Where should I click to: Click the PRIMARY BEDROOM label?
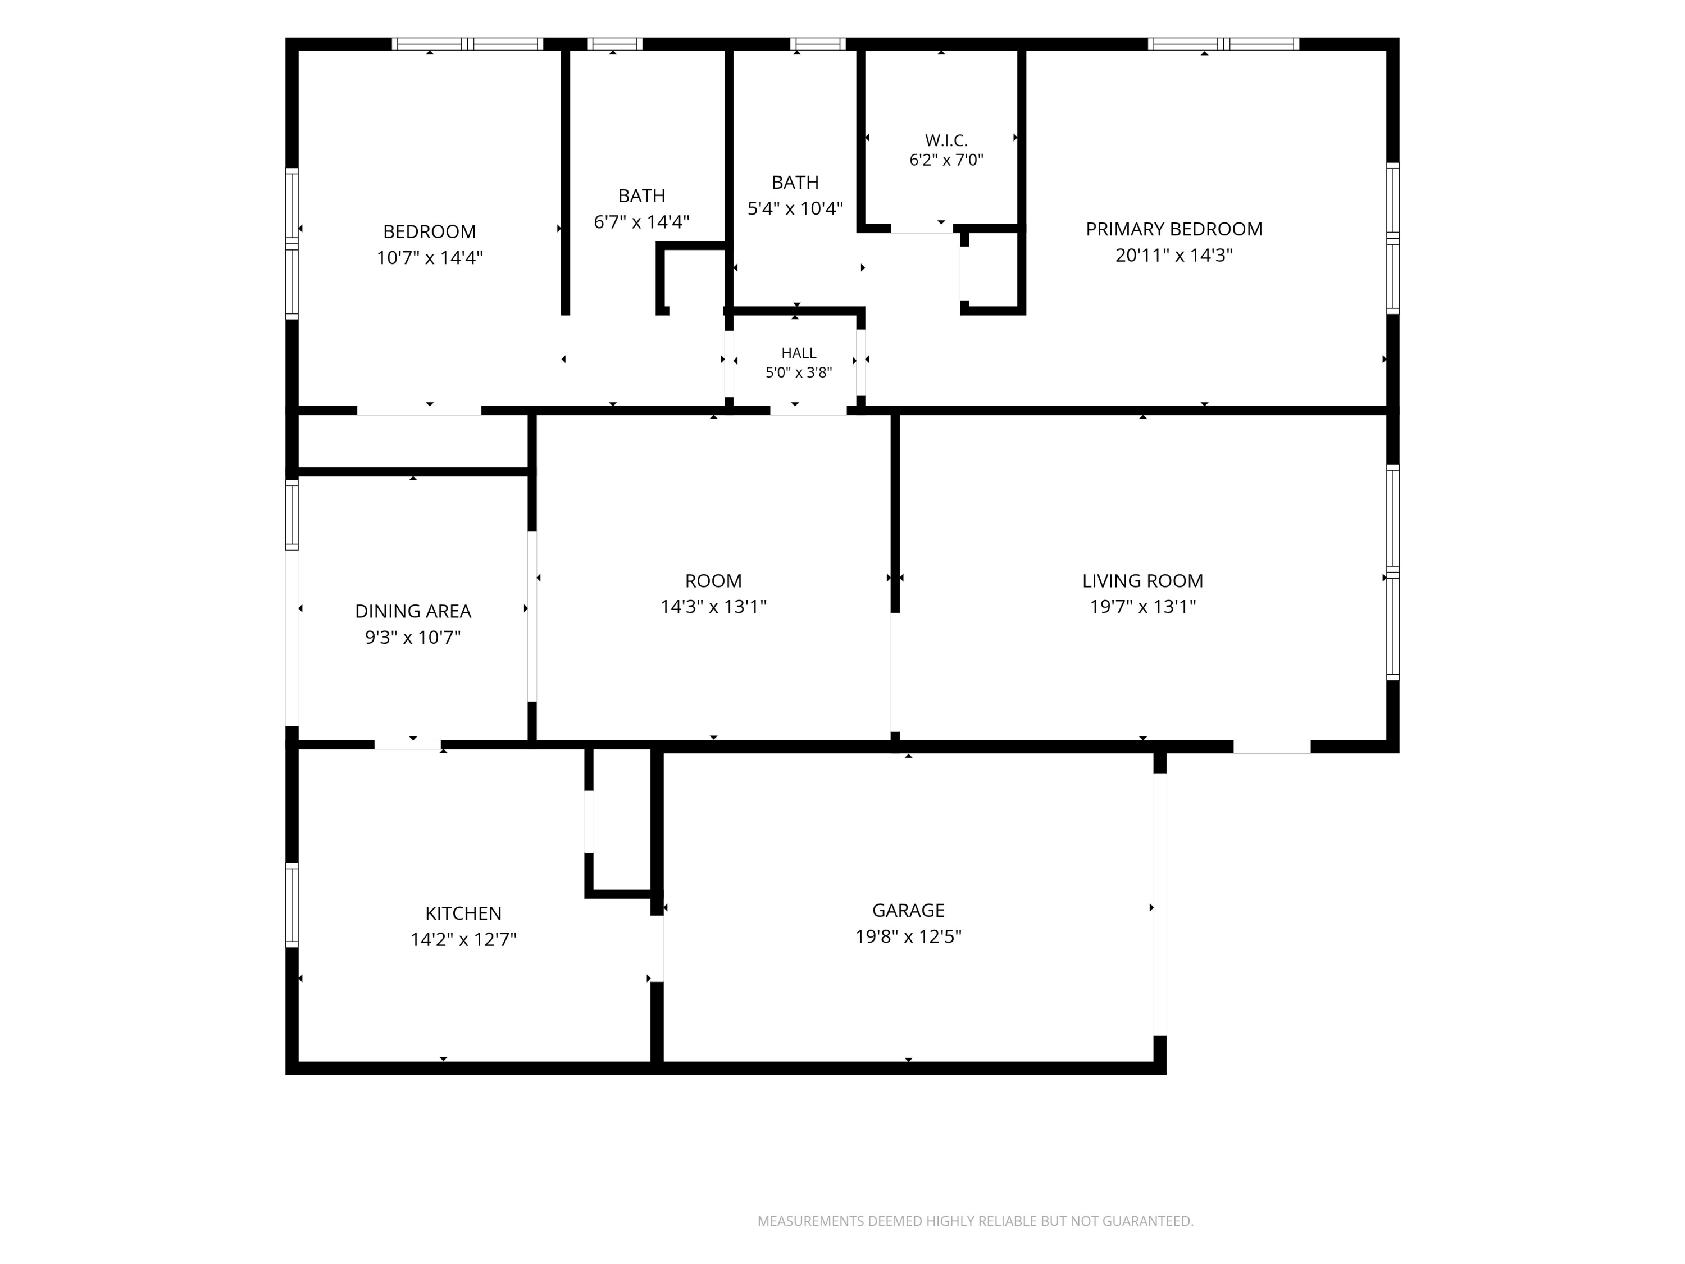(1174, 229)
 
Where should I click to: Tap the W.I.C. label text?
(946, 140)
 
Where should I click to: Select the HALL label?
(798, 353)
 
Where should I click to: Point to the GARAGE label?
(908, 911)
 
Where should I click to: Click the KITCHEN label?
(463, 913)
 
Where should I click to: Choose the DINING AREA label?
(413, 611)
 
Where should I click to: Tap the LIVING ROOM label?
(1142, 580)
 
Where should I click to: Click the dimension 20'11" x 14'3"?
(1174, 255)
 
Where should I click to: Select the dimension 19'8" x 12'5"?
(908, 936)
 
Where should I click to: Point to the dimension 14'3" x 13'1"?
(713, 607)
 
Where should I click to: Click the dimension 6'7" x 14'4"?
(641, 222)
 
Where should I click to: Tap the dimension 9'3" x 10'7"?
(413, 637)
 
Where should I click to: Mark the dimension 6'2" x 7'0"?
(946, 160)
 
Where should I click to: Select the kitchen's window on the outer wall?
(292, 905)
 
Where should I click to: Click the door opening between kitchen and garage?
(657, 949)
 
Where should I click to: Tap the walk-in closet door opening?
(922, 228)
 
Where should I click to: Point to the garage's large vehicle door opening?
(1159, 904)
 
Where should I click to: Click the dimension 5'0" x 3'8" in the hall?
(798, 372)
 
